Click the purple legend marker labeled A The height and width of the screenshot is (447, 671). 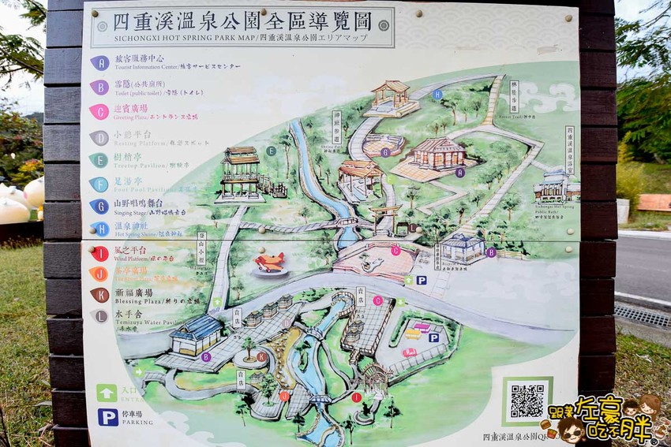(99, 62)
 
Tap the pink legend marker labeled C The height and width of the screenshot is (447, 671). (99, 112)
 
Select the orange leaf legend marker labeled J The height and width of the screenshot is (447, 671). (99, 274)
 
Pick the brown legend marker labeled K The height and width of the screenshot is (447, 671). (99, 295)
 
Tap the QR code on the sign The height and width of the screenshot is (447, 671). (527, 400)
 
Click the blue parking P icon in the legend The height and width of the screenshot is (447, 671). (108, 416)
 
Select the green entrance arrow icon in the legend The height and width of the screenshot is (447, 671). (107, 392)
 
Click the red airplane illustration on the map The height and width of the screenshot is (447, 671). (269, 263)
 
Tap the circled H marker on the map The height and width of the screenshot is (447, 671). (437, 94)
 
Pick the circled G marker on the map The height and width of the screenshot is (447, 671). (385, 152)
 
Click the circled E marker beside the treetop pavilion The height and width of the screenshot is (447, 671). (271, 151)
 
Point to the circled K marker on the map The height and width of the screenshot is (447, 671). (261, 356)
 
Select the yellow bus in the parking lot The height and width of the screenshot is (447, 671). (413, 333)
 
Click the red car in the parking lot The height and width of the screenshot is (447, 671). (409, 352)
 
